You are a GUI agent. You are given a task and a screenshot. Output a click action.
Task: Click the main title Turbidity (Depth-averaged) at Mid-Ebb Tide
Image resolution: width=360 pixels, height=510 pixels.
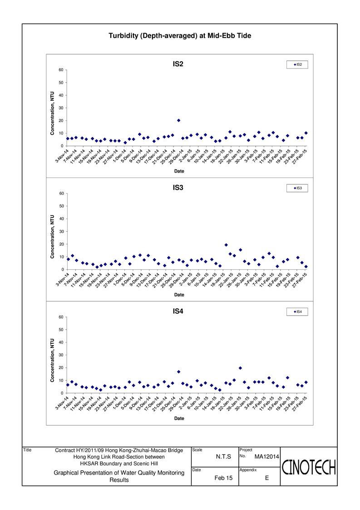180,36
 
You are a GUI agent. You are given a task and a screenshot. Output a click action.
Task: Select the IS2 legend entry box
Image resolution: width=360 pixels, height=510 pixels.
297,65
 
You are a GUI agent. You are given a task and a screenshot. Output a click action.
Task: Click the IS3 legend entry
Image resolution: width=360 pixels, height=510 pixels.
297,188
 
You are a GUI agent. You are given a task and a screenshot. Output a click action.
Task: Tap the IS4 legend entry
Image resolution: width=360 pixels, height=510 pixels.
297,312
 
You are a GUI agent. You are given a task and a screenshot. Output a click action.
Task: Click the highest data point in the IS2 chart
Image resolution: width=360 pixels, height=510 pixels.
178,120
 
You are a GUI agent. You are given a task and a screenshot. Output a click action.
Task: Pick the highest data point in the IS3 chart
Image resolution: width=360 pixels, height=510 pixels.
226,245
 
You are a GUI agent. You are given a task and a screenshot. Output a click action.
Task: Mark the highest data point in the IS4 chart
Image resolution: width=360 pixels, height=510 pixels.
240,368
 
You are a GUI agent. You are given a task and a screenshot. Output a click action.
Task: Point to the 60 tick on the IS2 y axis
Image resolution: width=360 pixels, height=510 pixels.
61,70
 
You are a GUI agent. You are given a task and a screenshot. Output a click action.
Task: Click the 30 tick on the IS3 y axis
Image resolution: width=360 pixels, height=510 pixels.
61,232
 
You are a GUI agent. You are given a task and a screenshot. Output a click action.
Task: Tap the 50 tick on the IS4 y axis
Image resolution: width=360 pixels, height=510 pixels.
61,330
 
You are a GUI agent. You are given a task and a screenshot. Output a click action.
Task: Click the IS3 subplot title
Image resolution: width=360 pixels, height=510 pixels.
178,188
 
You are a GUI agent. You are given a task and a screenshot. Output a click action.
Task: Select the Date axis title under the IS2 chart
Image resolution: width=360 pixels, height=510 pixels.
179,171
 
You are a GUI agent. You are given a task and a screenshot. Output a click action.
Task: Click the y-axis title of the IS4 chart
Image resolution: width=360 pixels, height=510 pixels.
52,361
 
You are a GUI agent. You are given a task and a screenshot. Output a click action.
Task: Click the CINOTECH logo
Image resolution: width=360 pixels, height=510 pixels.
309,467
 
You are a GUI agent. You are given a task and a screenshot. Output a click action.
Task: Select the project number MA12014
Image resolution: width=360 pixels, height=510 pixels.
266,457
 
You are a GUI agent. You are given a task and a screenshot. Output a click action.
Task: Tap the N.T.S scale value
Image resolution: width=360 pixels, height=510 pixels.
223,457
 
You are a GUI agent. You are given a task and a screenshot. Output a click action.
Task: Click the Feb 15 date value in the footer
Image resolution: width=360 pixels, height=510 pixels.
223,478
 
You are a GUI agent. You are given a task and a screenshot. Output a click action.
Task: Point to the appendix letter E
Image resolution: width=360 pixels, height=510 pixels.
267,478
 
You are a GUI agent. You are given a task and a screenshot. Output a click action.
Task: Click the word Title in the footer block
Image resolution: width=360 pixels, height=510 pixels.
27,450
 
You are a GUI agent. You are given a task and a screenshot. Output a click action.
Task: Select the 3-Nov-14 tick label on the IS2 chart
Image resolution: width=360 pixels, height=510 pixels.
62,156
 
